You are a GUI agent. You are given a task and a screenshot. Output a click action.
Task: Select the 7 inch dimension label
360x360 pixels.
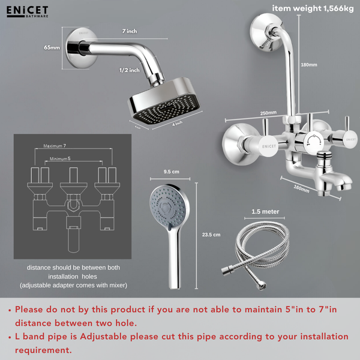pyautogui.click(x=129, y=31)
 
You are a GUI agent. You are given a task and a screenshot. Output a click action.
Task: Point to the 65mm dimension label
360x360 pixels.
pyautogui.click(x=52, y=47)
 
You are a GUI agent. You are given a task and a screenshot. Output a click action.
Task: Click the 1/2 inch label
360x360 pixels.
pyautogui.click(x=129, y=70)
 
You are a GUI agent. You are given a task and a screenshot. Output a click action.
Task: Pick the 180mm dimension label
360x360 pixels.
pyautogui.click(x=308, y=65)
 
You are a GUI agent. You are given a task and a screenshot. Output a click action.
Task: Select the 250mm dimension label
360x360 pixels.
pyautogui.click(x=268, y=113)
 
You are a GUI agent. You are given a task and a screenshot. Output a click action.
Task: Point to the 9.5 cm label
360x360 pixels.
pyautogui.click(x=172, y=172)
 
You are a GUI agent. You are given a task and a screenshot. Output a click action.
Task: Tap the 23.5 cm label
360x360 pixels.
pyautogui.click(x=212, y=235)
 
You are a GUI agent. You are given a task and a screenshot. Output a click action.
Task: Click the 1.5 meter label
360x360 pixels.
pyautogui.click(x=265, y=212)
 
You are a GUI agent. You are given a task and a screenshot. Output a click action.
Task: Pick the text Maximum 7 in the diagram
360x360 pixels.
pyautogui.click(x=55, y=146)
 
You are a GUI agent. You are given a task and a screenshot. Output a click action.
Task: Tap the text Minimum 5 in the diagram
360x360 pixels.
pyautogui.click(x=60, y=158)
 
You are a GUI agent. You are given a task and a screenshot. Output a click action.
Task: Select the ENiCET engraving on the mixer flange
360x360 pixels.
pyautogui.click(x=268, y=145)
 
